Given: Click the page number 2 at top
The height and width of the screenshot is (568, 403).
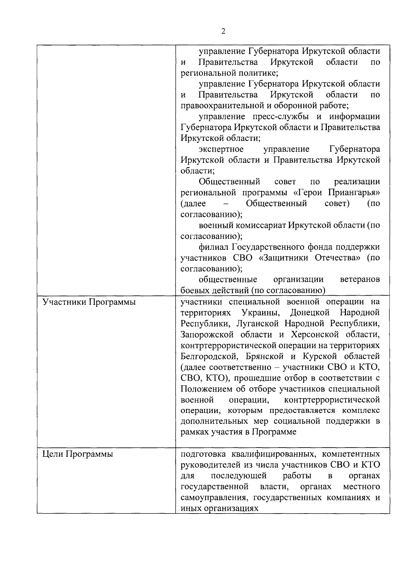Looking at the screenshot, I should [223, 31].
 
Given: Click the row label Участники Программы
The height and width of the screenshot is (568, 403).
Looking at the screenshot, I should [89, 302].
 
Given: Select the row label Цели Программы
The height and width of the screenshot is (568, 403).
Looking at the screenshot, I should [78, 454].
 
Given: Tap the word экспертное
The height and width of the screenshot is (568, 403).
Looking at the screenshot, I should [221, 149].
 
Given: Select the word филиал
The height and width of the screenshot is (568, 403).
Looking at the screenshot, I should [213, 247].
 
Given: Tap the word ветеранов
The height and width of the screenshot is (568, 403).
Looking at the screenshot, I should [360, 279].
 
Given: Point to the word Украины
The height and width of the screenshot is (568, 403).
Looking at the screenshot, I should [261, 313].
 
